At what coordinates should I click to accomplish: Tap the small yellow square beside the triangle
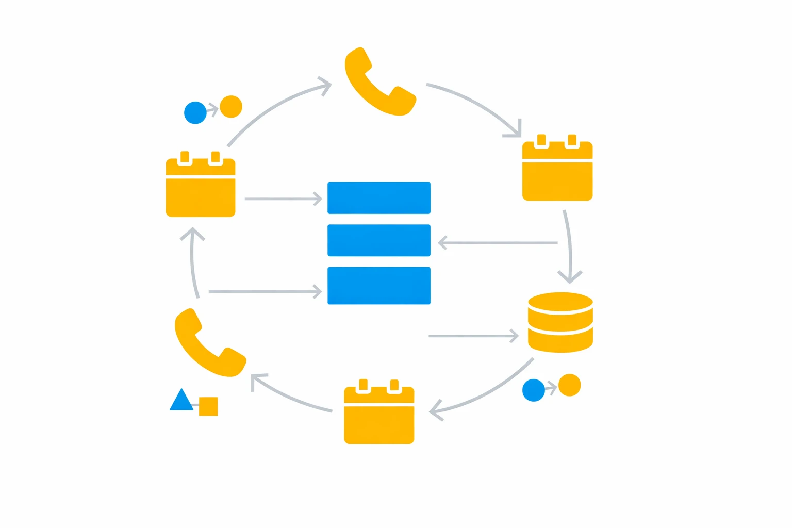(x=208, y=406)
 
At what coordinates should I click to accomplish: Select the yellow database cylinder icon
(x=560, y=323)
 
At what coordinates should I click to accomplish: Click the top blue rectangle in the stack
(x=379, y=197)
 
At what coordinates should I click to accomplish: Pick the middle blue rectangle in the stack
(x=379, y=240)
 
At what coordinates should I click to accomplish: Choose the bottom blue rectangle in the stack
(x=379, y=286)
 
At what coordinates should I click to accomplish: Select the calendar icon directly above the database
(x=557, y=169)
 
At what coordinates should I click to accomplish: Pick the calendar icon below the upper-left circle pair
(x=201, y=186)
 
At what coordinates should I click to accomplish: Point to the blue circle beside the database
(x=534, y=390)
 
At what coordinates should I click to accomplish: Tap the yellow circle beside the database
(x=570, y=385)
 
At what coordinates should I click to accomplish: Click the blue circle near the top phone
(x=195, y=113)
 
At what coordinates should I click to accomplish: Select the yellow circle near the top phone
(x=231, y=107)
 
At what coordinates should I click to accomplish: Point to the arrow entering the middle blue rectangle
(x=498, y=242)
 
